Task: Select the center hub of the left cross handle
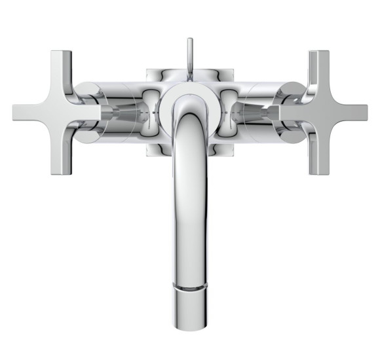click(x=66, y=112)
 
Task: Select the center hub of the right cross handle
click(x=314, y=112)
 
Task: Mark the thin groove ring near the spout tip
click(x=189, y=286)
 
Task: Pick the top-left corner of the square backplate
click(x=149, y=69)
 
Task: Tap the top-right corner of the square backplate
click(x=231, y=69)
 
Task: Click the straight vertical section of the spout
click(x=189, y=216)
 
